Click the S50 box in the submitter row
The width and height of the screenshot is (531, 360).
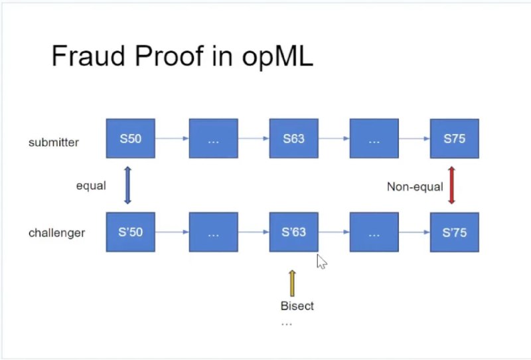tap(130, 139)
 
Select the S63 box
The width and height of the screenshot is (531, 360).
tap(293, 139)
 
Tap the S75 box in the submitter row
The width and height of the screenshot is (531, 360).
tap(454, 139)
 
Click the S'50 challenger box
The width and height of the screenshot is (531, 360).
tap(130, 232)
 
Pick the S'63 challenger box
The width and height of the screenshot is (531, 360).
tap(293, 232)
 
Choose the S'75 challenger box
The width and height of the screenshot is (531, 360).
tap(454, 232)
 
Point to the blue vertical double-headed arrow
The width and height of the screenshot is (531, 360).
tap(128, 185)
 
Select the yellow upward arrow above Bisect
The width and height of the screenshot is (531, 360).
tap(291, 282)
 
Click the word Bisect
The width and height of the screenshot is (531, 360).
tap(297, 306)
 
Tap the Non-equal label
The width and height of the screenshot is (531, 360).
tap(415, 187)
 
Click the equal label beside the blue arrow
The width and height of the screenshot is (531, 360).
tap(90, 185)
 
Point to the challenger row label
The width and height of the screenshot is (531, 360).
tap(56, 233)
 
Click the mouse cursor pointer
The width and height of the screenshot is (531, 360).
tap(321, 261)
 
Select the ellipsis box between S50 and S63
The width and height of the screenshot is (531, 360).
tap(213, 139)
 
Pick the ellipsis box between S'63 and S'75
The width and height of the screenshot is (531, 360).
tap(374, 232)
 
